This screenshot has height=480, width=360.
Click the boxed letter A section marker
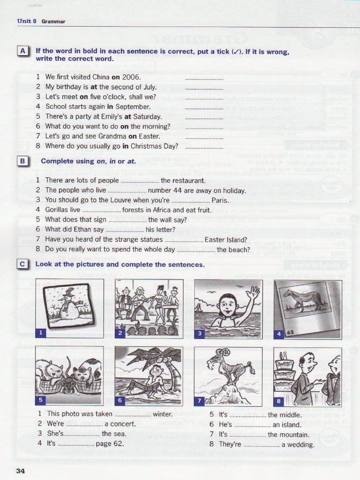22,51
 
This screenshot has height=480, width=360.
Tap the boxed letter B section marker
22,161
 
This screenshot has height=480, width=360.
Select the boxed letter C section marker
22,264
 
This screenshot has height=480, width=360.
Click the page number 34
20,471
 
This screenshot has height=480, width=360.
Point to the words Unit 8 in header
27,21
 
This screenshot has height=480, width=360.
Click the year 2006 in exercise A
131,77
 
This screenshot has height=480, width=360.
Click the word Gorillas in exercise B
56,210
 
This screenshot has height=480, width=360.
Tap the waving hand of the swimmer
253,293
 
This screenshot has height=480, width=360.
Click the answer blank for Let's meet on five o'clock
204,97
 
